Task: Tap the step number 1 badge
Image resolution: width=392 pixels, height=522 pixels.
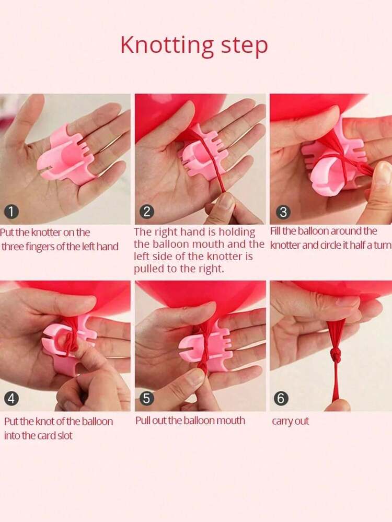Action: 11,212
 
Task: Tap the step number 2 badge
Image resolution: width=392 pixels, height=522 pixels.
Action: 147,212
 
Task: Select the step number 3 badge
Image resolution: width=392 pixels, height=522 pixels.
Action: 283,212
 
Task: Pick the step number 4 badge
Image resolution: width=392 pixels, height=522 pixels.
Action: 11,399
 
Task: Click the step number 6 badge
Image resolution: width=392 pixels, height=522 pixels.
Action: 281,399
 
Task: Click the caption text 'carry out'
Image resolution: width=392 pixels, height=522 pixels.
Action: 291,421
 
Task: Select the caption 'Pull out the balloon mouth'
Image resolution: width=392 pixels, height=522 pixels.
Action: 190,421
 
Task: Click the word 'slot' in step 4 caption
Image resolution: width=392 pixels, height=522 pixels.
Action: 65,435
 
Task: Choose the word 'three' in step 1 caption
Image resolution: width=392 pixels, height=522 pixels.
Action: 12,247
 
